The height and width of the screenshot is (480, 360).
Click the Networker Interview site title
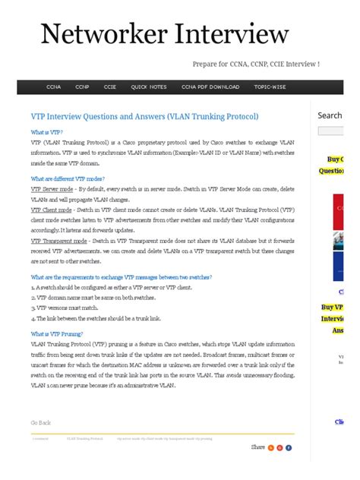(x=164, y=34)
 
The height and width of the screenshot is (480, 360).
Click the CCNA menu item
(x=54, y=87)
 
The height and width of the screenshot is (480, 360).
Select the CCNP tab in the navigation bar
(x=82, y=87)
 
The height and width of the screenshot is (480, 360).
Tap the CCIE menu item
(x=110, y=87)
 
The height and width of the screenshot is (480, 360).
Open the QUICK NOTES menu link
(x=149, y=87)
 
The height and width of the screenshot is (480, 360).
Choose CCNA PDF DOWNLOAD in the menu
(x=210, y=87)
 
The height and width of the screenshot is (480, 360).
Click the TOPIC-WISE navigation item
(x=271, y=87)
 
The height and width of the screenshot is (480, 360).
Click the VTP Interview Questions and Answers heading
(x=144, y=116)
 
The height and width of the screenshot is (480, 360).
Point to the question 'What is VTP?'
(x=47, y=131)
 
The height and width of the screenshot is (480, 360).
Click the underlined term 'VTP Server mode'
(x=52, y=189)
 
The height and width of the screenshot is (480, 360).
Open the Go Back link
(x=41, y=422)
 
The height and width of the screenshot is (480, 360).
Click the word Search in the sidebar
(x=330, y=115)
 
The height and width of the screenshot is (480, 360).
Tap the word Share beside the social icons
(x=258, y=447)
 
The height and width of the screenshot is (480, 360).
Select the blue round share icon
(x=289, y=447)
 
